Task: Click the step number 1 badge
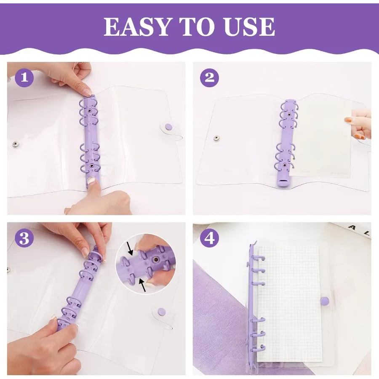[x=24, y=77]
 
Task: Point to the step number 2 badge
[x=209, y=77]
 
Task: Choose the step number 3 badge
[x=24, y=238]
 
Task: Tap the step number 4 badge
[x=209, y=238]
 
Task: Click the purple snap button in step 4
[x=324, y=301]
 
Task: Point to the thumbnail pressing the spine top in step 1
[x=87, y=92]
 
